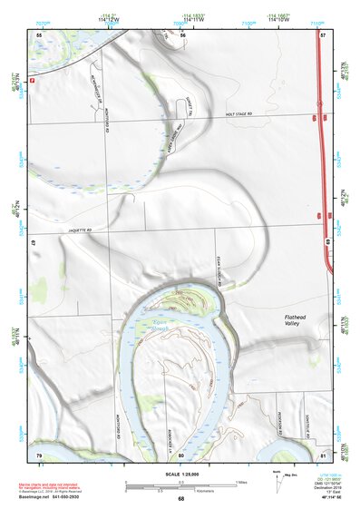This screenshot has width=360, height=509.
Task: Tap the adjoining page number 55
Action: click(x=39, y=34)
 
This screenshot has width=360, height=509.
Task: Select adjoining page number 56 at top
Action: click(x=183, y=34)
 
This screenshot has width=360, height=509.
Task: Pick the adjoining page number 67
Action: click(x=33, y=244)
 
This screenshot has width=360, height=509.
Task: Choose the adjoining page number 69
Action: click(x=326, y=241)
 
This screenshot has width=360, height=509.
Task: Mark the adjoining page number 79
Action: click(x=39, y=454)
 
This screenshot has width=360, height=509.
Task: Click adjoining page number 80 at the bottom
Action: click(x=181, y=455)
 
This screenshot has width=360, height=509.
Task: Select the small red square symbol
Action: click(x=33, y=80)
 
